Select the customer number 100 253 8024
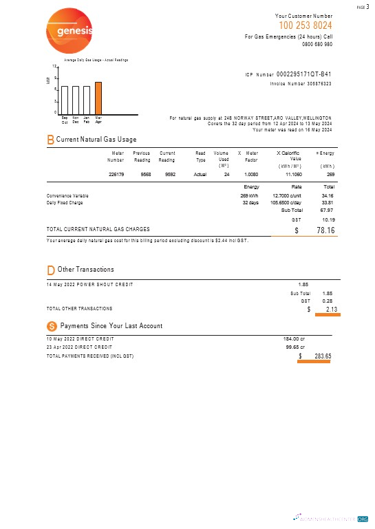[304, 25]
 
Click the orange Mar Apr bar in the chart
[98, 97]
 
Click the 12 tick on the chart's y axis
[54, 66]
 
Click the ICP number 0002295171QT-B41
[303, 74]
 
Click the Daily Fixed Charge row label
[65, 203]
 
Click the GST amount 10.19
[328, 219]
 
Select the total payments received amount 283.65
[319, 356]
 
